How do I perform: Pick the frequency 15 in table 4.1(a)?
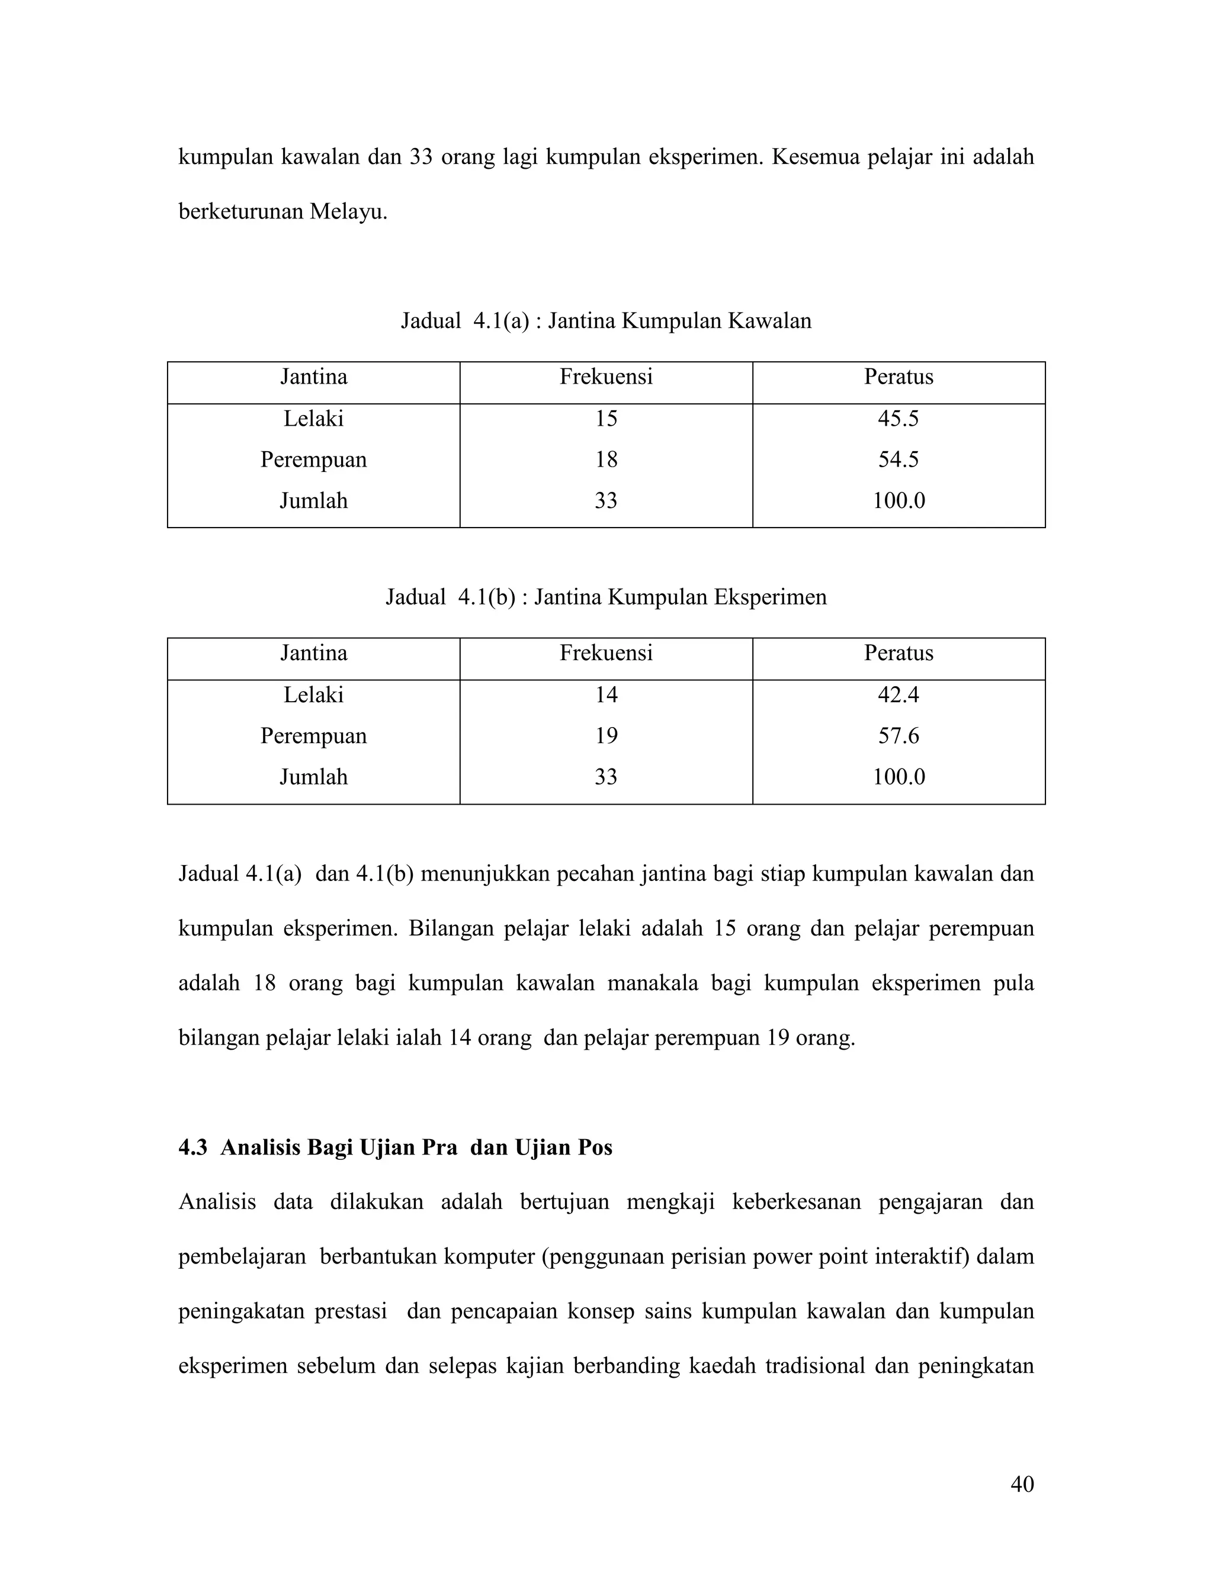tap(606, 419)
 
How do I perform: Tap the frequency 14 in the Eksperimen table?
tap(606, 695)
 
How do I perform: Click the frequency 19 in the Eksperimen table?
tap(606, 735)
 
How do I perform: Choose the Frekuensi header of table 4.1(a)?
tap(606, 377)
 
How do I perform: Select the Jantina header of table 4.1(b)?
tap(313, 653)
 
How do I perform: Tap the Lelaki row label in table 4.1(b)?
tap(313, 695)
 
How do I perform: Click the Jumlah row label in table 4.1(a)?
tap(313, 501)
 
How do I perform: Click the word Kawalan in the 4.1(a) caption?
tap(769, 321)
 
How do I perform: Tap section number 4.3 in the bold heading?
tap(192, 1148)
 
